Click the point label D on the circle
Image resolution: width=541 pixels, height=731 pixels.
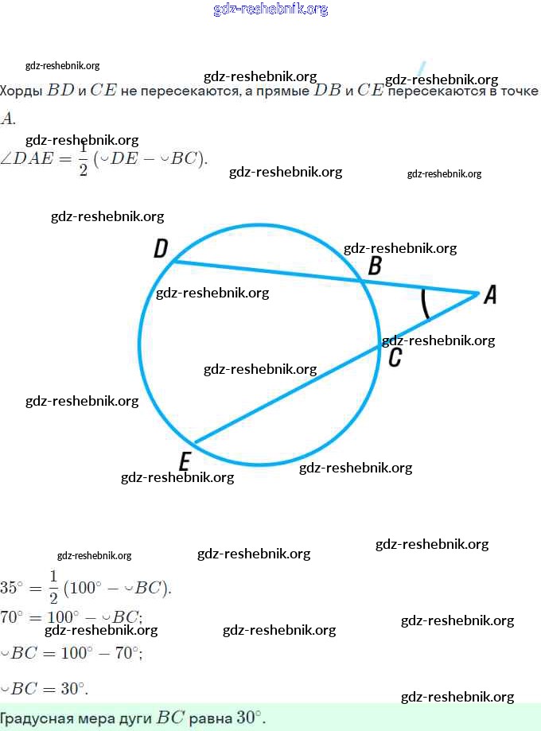pos(161,250)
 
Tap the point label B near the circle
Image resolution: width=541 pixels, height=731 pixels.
pos(375,266)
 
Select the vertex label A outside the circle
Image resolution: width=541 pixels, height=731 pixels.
pos(490,295)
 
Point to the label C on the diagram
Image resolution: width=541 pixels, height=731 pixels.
pos(395,359)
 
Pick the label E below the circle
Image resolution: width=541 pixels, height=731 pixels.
pos(185,461)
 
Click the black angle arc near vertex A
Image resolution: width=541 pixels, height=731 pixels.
pos(425,303)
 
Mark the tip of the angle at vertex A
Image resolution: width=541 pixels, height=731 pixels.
pos(478,294)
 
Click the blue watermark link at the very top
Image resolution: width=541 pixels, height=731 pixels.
pos(270,10)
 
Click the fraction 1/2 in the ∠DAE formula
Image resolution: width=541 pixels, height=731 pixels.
pos(84,159)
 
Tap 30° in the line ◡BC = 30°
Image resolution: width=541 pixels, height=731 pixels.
pos(74,688)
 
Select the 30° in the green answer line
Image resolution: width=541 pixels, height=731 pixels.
pos(250,717)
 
